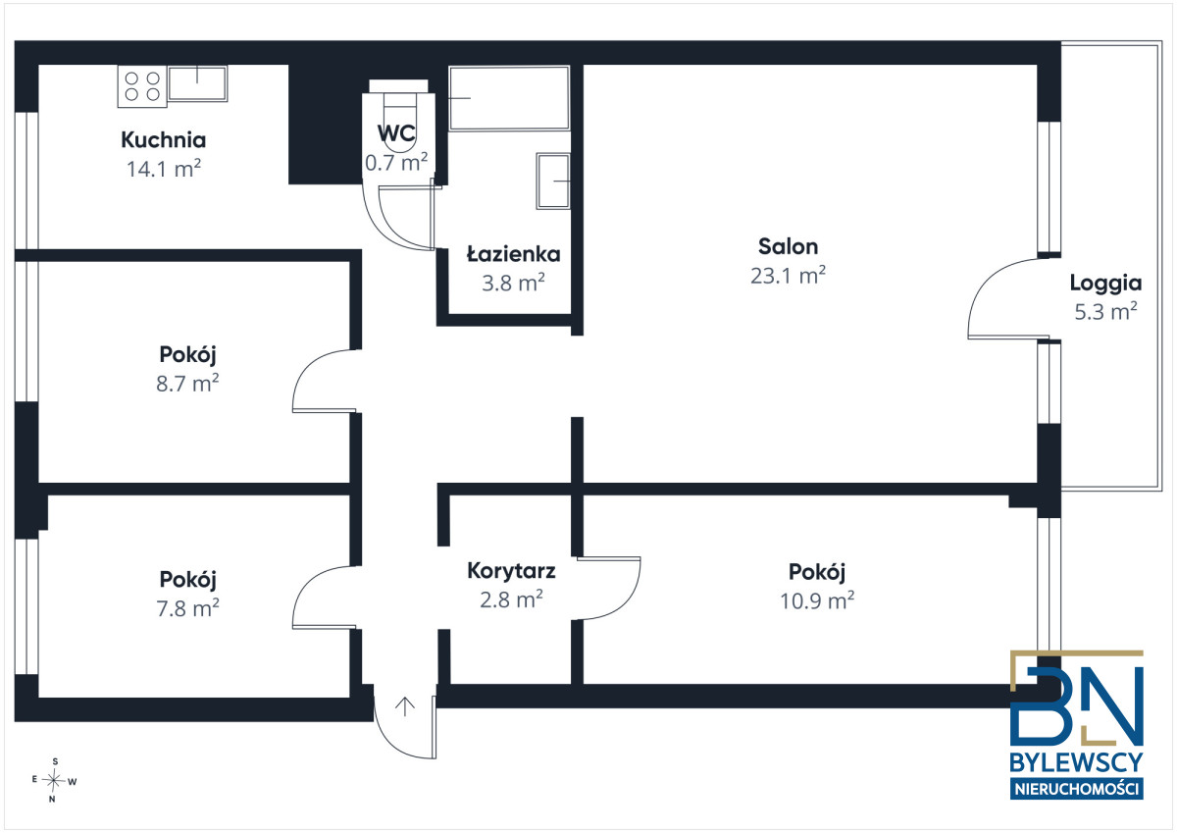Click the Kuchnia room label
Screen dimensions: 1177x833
164,139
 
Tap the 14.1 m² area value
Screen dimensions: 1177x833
164,169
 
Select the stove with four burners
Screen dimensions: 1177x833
142,86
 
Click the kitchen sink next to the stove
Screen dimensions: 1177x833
197,83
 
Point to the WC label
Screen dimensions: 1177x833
396,133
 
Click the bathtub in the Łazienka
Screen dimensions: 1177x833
509,98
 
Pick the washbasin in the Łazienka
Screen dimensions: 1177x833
553,181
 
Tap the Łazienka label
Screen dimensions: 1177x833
513,254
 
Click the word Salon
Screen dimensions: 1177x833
788,246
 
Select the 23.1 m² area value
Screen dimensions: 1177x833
788,276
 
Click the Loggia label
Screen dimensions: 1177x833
1105,284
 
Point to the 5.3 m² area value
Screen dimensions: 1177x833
1105,312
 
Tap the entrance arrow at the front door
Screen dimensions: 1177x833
404,706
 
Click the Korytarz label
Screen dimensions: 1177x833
511,571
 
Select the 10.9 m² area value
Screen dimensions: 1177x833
817,600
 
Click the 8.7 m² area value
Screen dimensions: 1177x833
187,384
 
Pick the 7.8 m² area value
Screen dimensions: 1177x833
187,608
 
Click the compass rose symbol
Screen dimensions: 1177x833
54,780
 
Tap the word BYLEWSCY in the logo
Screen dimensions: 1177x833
1076,762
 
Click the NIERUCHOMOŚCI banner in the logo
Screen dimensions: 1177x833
1077,789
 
